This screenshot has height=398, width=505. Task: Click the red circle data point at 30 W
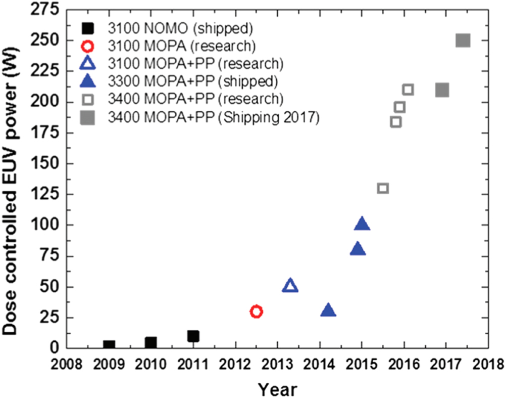[256, 312]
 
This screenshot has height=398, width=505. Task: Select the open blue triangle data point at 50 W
[290, 286]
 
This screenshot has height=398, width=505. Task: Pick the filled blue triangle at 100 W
[362, 224]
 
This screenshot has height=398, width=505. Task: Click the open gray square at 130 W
[383, 188]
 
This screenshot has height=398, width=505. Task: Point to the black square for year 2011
[193, 336]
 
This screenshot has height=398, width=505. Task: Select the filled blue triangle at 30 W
[328, 311]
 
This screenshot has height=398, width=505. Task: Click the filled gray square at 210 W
[442, 90]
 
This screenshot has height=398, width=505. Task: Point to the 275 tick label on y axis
[47, 10]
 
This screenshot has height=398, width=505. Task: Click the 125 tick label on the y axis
[47, 194]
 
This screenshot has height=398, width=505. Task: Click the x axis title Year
[277, 389]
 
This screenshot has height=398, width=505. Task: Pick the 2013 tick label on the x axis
[277, 364]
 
